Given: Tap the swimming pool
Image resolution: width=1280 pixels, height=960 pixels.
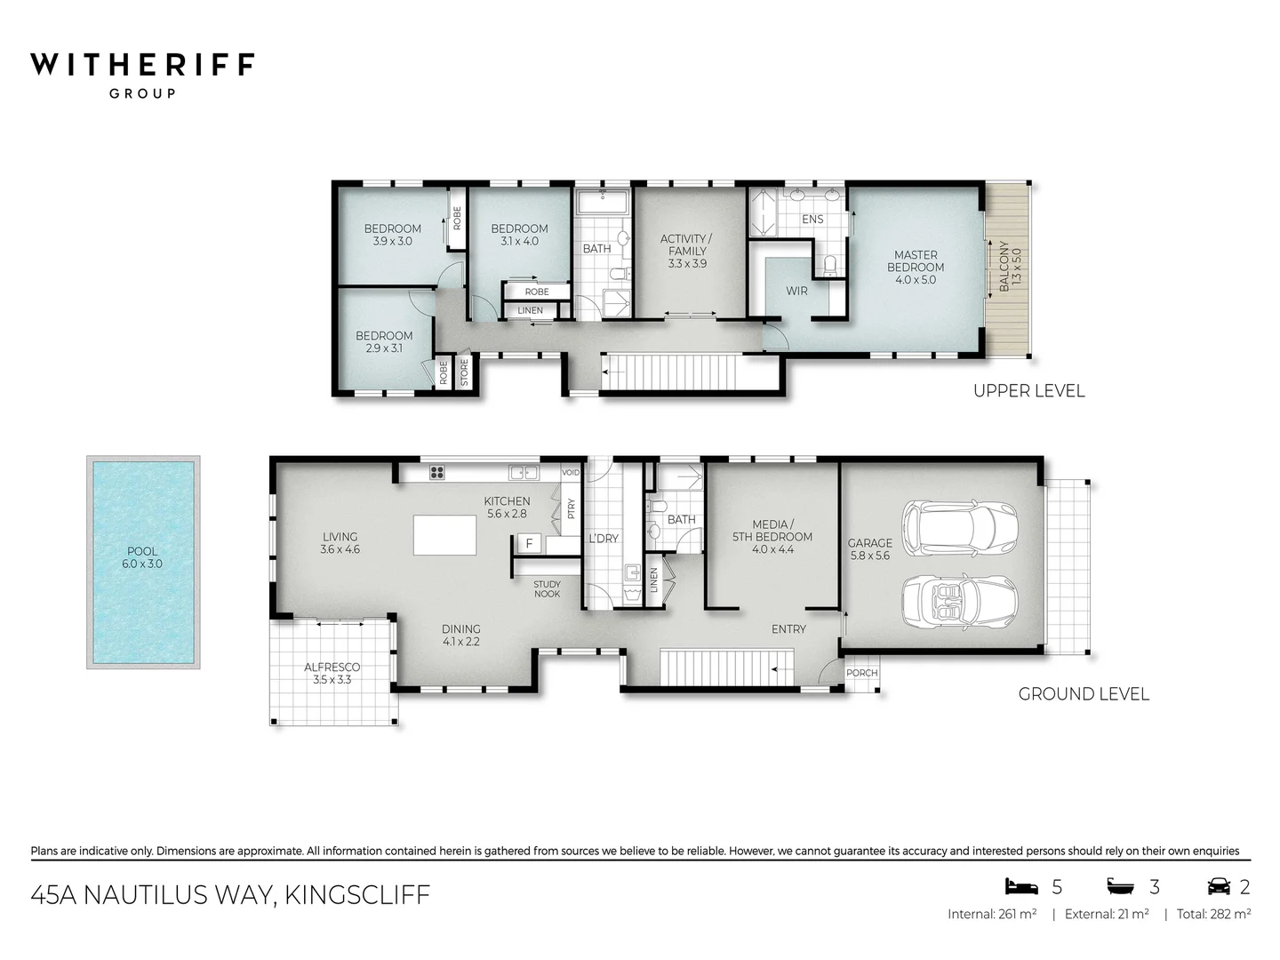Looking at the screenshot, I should point(143,562).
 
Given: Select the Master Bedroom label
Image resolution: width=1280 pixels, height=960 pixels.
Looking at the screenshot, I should point(916,267).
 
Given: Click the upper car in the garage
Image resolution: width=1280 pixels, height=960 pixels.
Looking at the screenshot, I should point(960,525).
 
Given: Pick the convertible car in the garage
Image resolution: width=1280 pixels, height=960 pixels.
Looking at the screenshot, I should point(960,602).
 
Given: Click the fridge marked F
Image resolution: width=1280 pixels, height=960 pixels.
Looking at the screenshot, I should point(529,543).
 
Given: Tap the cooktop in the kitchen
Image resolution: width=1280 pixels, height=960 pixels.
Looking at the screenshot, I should point(436,473).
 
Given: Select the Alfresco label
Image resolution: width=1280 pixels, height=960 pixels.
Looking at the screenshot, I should point(332,673).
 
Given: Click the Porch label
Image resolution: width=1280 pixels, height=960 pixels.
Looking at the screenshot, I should point(861,673).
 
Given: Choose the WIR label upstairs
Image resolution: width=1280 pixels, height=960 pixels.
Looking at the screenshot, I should point(796,291).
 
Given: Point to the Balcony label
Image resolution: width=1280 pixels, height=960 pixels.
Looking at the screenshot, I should point(1010,266).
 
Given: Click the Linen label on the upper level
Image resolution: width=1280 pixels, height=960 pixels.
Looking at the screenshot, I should point(530,310).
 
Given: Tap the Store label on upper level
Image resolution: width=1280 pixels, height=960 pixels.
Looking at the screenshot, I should point(464,372).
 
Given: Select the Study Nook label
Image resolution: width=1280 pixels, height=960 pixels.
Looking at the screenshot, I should point(547,588).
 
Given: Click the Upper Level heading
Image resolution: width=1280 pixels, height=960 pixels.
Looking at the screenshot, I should point(1028,390).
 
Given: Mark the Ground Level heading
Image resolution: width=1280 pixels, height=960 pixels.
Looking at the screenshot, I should point(1083,694).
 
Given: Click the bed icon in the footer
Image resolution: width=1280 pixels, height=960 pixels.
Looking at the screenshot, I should point(1021,886).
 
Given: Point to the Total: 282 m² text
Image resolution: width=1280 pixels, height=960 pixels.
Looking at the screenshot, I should point(1213,914).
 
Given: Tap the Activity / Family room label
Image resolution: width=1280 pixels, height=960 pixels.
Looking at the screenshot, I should point(687,251).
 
